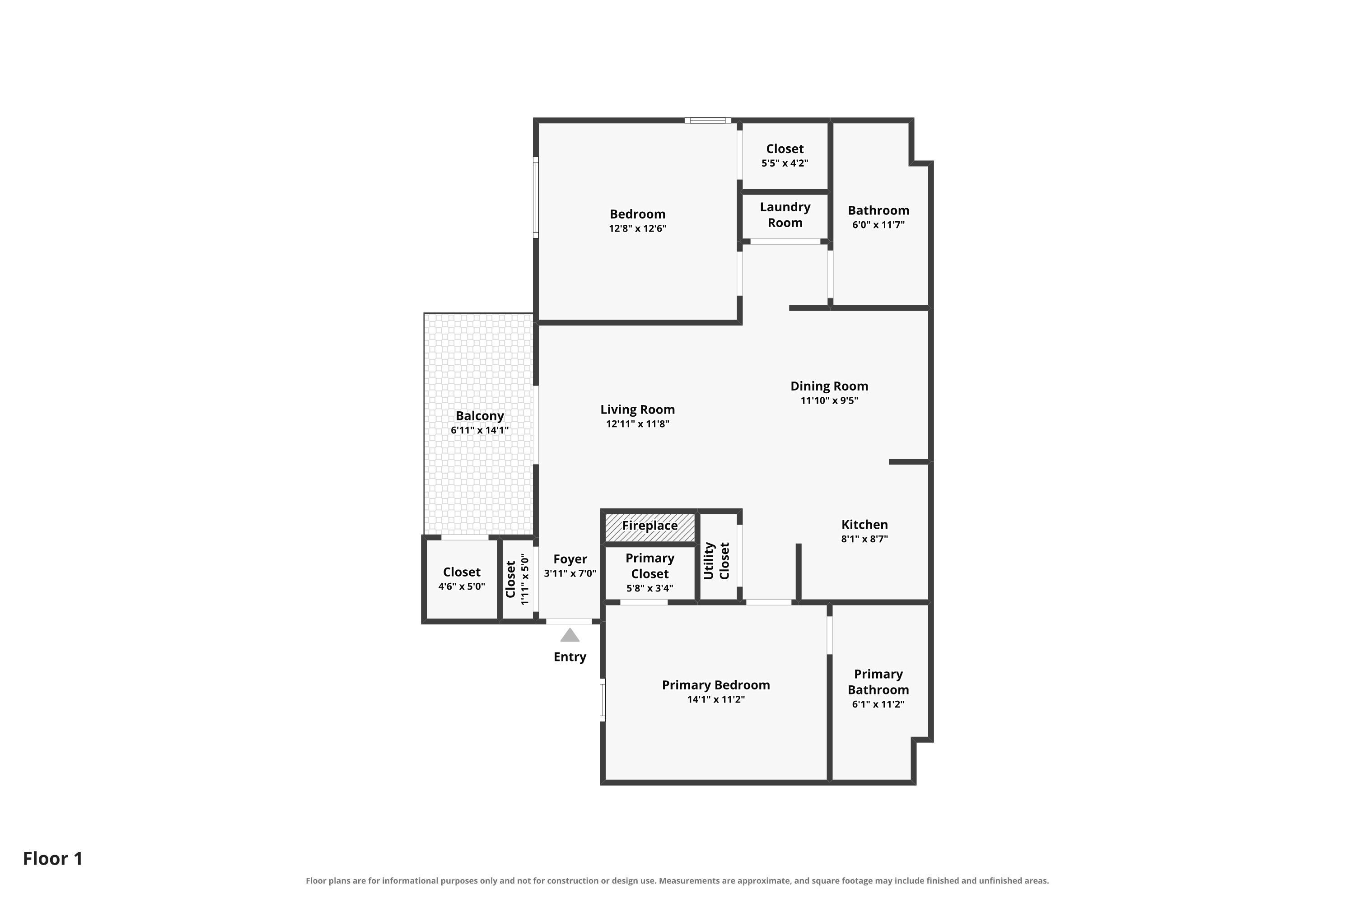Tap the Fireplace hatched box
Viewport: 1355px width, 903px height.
click(650, 527)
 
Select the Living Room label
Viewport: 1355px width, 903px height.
click(637, 410)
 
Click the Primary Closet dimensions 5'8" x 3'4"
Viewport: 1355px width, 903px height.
click(649, 588)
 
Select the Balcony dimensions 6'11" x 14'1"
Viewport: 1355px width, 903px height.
click(479, 430)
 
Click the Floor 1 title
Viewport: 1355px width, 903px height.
click(53, 858)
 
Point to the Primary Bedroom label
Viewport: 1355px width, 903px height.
click(715, 685)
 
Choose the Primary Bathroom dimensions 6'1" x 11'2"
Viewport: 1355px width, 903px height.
click(878, 704)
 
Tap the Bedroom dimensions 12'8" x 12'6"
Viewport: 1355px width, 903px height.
click(637, 228)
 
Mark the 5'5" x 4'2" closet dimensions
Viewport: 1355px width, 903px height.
click(785, 163)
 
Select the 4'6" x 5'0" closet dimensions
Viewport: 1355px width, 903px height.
click(462, 586)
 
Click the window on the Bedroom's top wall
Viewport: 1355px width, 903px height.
click(708, 121)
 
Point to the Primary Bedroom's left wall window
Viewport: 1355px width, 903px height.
click(603, 700)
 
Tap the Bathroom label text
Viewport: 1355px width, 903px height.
click(878, 210)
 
